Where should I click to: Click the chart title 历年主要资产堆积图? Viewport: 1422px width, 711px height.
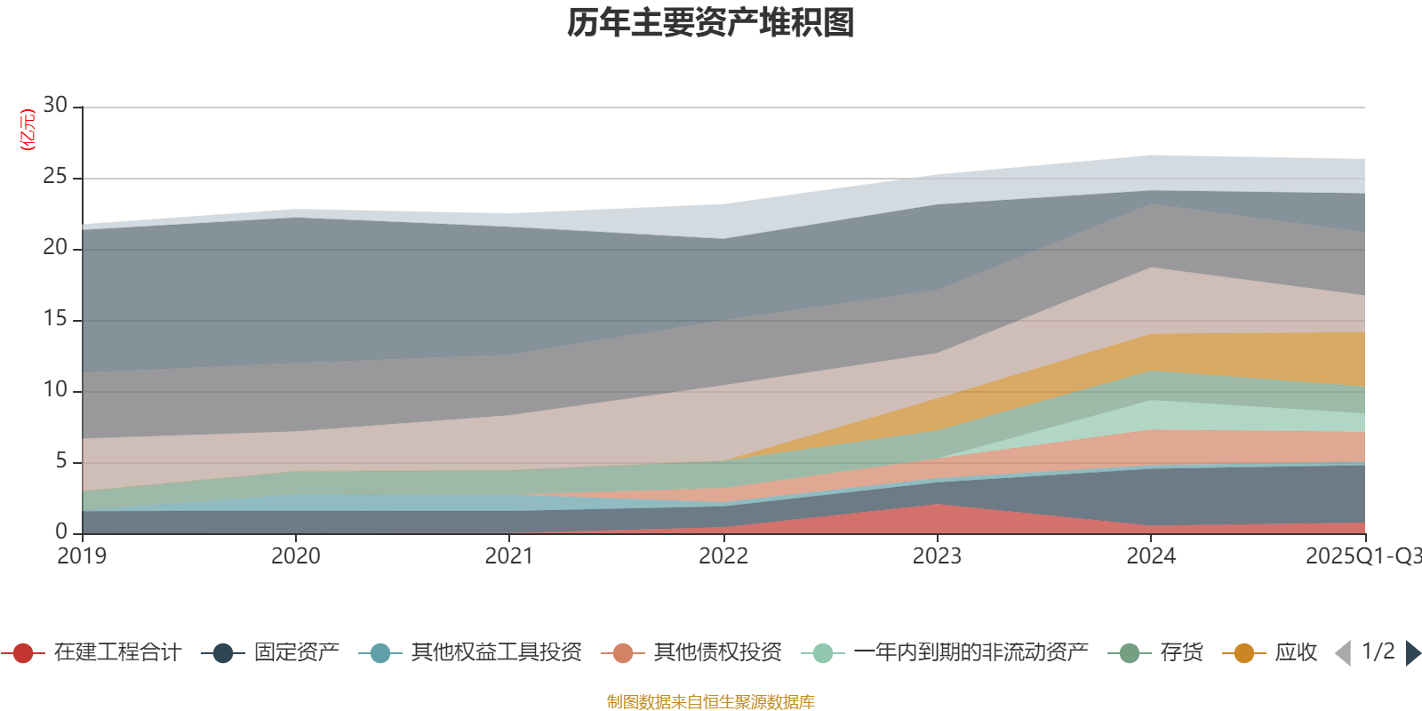pos(711,24)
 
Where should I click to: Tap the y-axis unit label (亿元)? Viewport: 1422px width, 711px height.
pos(28,130)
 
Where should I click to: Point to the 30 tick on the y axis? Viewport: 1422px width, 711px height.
pos(55,106)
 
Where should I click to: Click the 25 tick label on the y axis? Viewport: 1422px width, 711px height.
pos(55,177)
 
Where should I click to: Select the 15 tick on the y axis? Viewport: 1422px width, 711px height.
pos(55,319)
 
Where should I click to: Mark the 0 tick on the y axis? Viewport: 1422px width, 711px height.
pos(61,532)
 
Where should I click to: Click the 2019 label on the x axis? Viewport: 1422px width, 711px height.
pos(82,556)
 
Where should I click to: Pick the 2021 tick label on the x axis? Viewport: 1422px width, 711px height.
pos(509,556)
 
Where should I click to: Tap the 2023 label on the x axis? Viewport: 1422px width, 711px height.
pos(937,556)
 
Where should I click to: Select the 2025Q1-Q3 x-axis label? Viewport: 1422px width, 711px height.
pos(1362,556)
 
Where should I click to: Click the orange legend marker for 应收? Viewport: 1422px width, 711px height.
pos(1244,653)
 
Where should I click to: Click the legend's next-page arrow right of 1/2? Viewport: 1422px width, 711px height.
pos(1412,653)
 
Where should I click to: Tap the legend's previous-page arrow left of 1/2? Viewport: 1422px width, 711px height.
pos(1343,653)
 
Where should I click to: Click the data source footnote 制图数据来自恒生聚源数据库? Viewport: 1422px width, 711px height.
pos(711,702)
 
